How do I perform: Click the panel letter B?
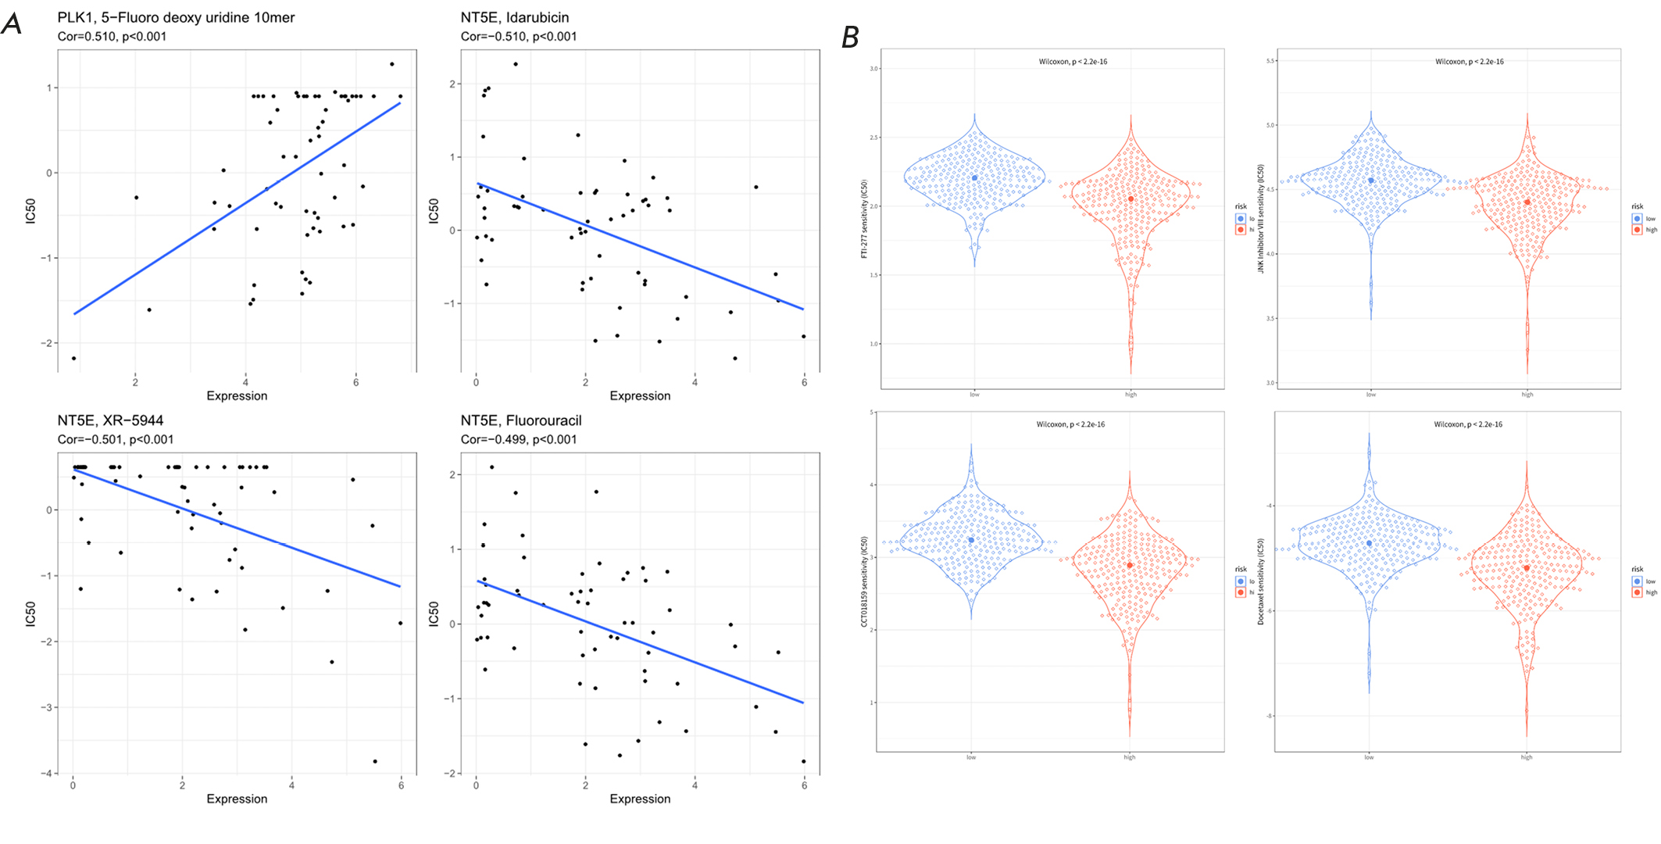pyautogui.click(x=851, y=37)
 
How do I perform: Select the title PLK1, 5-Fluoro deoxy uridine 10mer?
pyautogui.click(x=176, y=17)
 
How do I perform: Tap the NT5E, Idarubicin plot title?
pyautogui.click(x=515, y=17)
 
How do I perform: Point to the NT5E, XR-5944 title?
pyautogui.click(x=110, y=420)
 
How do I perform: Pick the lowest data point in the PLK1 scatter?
pyautogui.click(x=73, y=358)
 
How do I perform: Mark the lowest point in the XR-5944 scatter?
pyautogui.click(x=375, y=761)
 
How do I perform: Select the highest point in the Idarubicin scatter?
pyautogui.click(x=516, y=64)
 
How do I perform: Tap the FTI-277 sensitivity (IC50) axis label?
pyautogui.click(x=864, y=219)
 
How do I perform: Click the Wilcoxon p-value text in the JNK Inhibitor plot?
pyautogui.click(x=1469, y=62)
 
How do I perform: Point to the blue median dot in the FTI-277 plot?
pyautogui.click(x=974, y=178)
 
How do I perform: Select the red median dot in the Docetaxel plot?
pyautogui.click(x=1526, y=568)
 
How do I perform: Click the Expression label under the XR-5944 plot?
pyautogui.click(x=237, y=799)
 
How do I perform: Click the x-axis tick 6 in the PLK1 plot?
pyautogui.click(x=356, y=382)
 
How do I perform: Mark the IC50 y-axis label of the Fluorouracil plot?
pyautogui.click(x=434, y=613)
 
